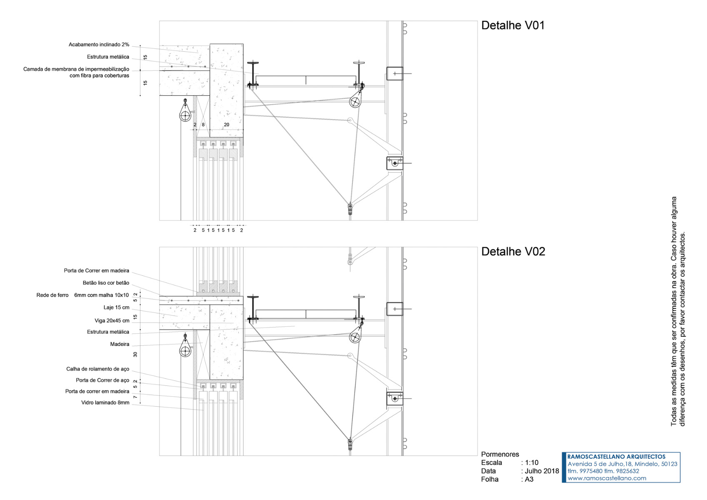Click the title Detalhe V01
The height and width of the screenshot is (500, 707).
[512, 25]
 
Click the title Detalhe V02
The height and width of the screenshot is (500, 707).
[513, 252]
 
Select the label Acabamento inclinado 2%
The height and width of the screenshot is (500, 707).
[99, 45]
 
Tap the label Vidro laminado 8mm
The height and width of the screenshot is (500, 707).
[105, 403]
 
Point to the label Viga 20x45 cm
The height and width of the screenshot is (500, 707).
[112, 321]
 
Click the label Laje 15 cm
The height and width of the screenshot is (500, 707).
[116, 307]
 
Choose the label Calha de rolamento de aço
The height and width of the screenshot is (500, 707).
[97, 369]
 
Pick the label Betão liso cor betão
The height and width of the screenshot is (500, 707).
[106, 283]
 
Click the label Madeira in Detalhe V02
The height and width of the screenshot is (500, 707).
[120, 344]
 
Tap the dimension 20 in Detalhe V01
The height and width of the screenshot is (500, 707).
[226, 125]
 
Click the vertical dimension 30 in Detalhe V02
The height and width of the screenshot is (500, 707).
[135, 355]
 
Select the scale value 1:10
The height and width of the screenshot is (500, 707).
[532, 462]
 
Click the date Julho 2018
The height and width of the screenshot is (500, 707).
[542, 471]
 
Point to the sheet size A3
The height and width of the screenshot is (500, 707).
[529, 479]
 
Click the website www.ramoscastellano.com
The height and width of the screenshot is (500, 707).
[607, 478]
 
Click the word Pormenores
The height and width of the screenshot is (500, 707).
[500, 454]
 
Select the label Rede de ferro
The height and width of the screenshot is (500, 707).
[52, 295]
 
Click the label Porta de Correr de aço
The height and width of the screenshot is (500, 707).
[102, 380]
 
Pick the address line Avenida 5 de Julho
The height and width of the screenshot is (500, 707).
[622, 464]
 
